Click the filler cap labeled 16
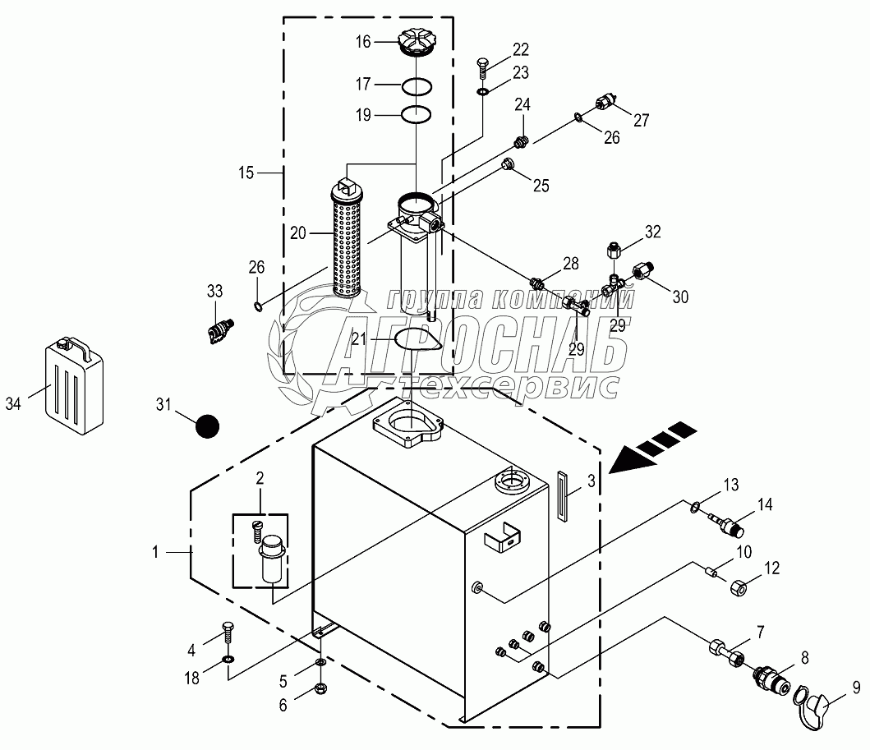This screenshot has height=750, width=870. click(x=417, y=44)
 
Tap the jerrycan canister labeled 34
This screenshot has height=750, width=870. click(x=75, y=386)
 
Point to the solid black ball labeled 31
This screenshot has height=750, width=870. click(x=208, y=426)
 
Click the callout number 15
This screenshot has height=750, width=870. click(x=246, y=173)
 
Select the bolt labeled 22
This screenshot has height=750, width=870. click(x=481, y=69)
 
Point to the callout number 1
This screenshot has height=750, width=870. click(x=155, y=553)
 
